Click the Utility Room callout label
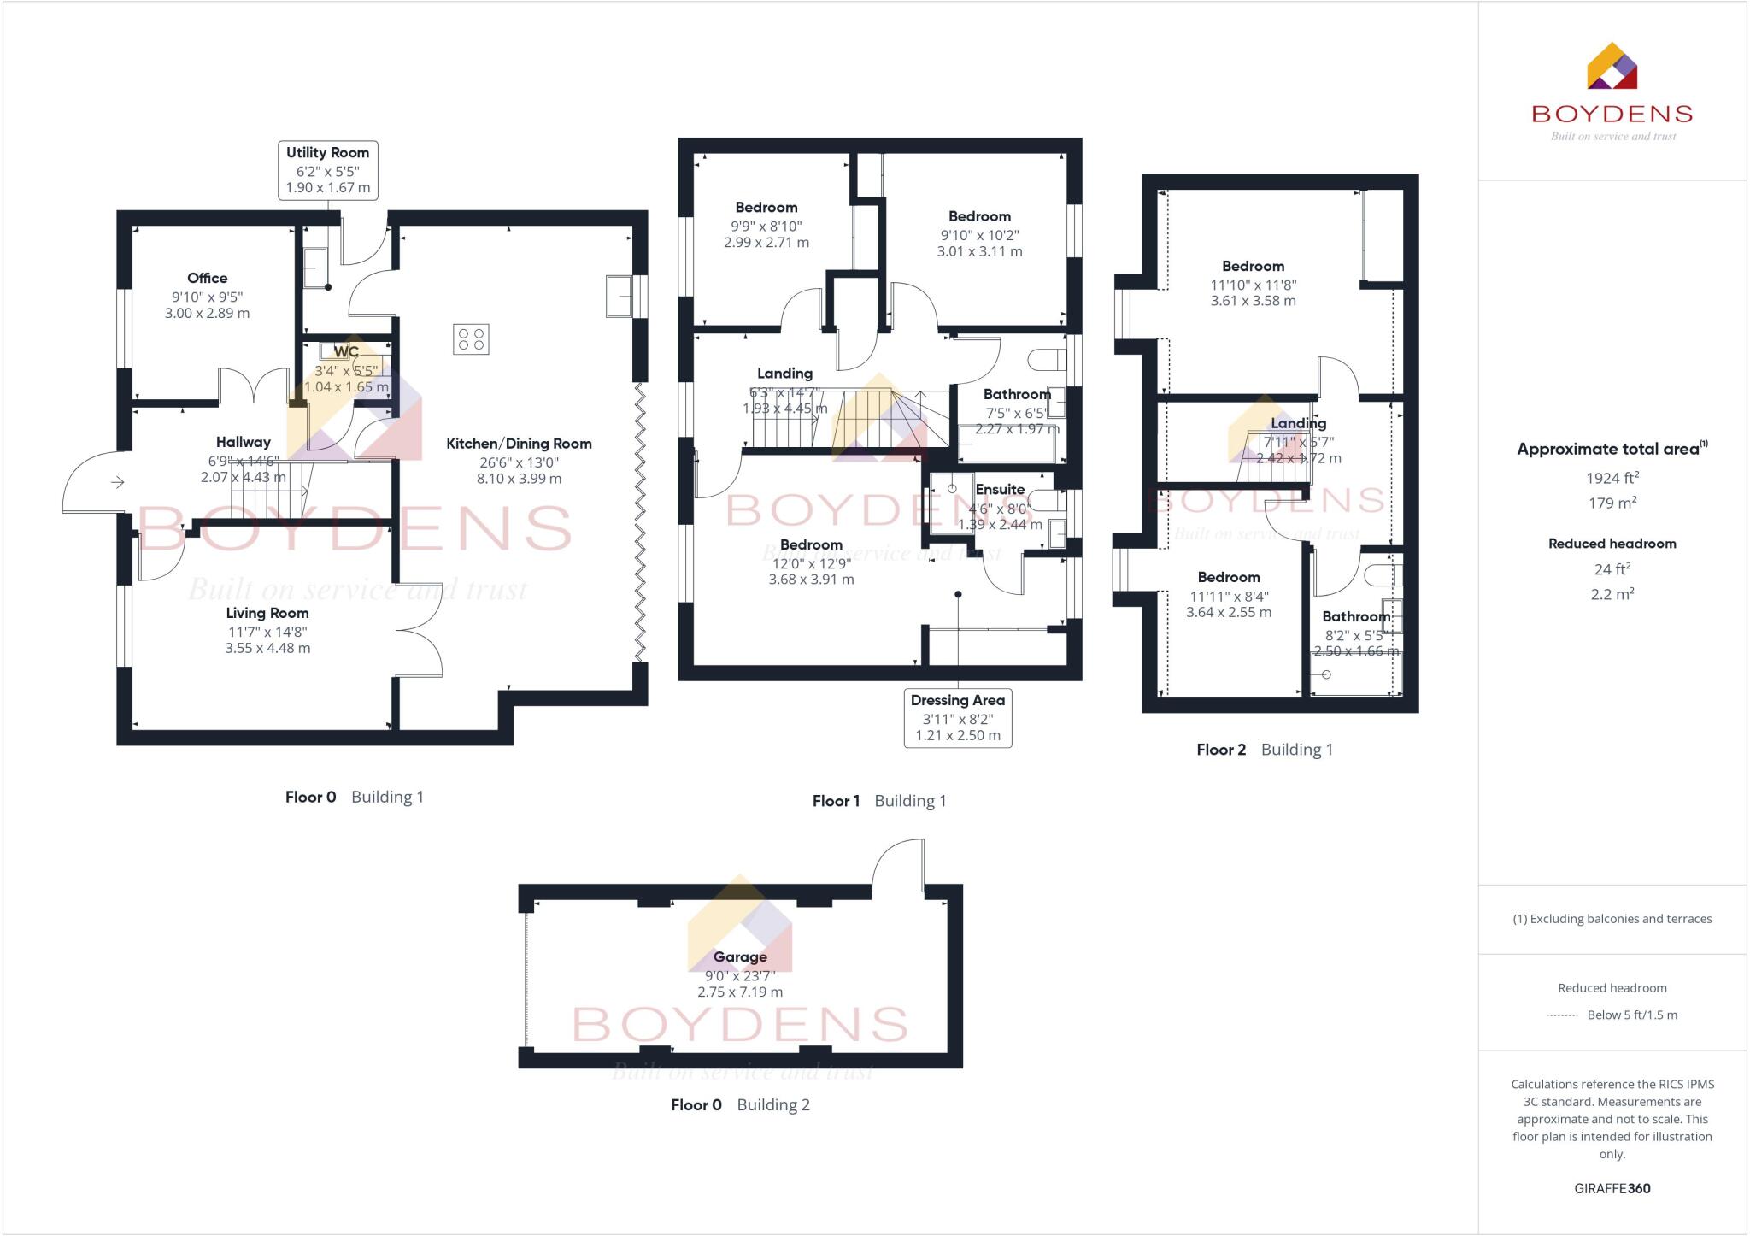click(327, 170)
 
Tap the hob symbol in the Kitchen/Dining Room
click(471, 338)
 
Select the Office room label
click(207, 278)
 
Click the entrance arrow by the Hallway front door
click(118, 483)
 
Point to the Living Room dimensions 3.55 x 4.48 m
click(267, 649)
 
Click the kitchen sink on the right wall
click(620, 296)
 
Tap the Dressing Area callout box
click(957, 718)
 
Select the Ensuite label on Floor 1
click(1000, 490)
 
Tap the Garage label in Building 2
click(740, 957)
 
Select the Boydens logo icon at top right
click(1612, 66)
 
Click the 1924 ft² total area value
click(1612, 479)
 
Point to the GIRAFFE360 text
click(1612, 1188)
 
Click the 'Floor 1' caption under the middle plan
click(836, 801)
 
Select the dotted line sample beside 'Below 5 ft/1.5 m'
click(1562, 1015)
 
